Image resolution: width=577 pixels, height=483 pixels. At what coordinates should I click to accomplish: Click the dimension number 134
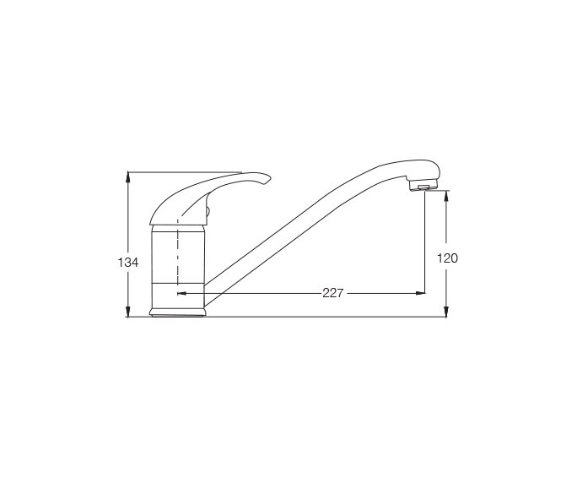tap(127, 263)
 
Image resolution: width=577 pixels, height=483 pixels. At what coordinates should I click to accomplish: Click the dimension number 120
tap(447, 258)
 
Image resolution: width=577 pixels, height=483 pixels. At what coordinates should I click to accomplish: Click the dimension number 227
tap(333, 294)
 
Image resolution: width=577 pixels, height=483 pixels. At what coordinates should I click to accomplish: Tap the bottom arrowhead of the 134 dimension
tap(127, 312)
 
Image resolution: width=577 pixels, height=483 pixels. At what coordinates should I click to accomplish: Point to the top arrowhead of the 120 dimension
tap(447, 195)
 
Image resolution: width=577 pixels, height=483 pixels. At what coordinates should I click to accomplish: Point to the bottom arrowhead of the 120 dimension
tap(447, 312)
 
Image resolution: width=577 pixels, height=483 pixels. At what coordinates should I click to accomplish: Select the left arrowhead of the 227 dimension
tap(182, 294)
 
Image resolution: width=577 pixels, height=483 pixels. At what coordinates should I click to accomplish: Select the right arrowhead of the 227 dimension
tap(419, 294)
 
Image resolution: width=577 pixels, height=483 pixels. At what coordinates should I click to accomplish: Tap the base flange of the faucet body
tap(177, 313)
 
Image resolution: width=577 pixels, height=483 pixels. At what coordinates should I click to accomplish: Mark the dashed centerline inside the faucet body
tap(177, 253)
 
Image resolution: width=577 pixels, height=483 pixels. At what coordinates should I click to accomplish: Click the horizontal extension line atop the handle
tap(186, 172)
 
